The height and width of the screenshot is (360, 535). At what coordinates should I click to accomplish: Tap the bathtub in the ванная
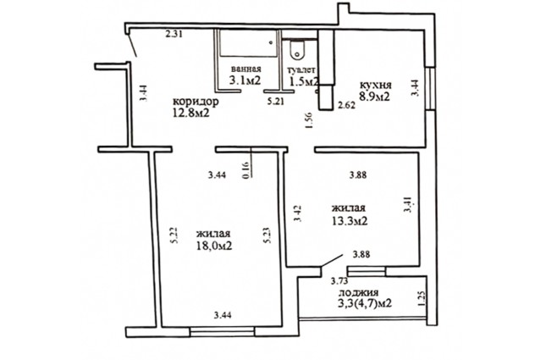click(248, 43)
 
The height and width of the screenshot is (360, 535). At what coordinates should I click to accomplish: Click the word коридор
click(196, 102)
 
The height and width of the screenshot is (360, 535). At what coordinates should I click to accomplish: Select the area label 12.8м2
click(190, 113)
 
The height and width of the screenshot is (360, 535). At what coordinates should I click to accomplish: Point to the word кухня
click(376, 85)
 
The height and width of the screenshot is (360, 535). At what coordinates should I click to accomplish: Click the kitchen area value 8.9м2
click(373, 97)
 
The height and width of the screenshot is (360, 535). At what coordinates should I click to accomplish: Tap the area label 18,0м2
click(214, 246)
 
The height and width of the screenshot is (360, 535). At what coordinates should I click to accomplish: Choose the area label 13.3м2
click(350, 220)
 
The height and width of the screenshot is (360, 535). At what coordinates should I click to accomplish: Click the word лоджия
click(358, 293)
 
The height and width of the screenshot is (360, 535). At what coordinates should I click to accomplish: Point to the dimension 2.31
click(174, 34)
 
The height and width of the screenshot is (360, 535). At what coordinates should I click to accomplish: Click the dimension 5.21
click(276, 102)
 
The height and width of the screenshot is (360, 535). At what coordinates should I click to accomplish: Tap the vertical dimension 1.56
click(309, 120)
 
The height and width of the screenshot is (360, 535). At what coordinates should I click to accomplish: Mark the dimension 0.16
click(246, 169)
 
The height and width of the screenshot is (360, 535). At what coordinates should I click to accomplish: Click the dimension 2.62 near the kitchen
click(346, 105)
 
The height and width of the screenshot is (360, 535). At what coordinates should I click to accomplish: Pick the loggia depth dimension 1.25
click(422, 299)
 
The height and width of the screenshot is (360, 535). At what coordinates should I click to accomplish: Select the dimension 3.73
click(339, 281)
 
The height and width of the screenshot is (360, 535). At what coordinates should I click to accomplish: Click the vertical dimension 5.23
click(267, 235)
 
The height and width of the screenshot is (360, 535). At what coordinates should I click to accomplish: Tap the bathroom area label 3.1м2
click(245, 80)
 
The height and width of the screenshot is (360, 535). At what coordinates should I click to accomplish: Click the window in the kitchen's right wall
click(431, 88)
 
